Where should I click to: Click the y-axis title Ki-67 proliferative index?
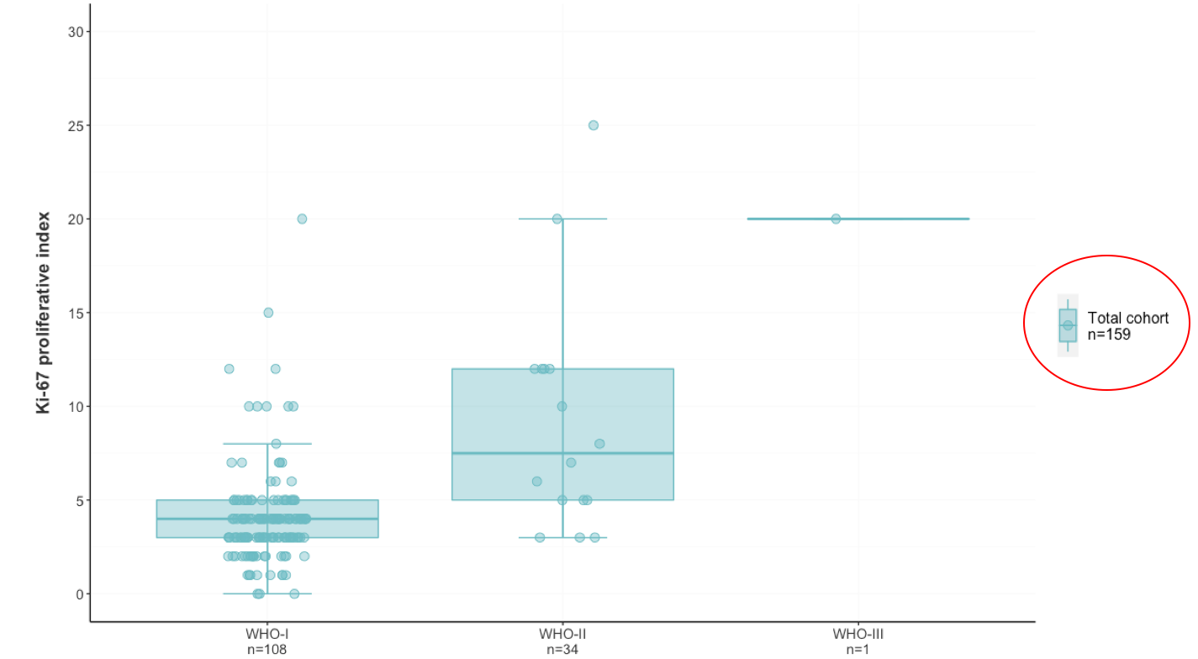point(43,313)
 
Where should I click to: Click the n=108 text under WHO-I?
point(267,649)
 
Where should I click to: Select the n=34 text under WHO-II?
point(562,649)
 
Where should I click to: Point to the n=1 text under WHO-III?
point(858,649)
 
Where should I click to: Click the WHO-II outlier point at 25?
point(593,125)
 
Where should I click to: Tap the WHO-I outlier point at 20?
point(302,219)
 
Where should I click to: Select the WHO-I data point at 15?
point(268,313)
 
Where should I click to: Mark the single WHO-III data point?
point(836,219)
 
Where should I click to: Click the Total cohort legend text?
point(1127,319)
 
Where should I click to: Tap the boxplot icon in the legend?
point(1068,325)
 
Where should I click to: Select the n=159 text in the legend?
point(1109,334)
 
